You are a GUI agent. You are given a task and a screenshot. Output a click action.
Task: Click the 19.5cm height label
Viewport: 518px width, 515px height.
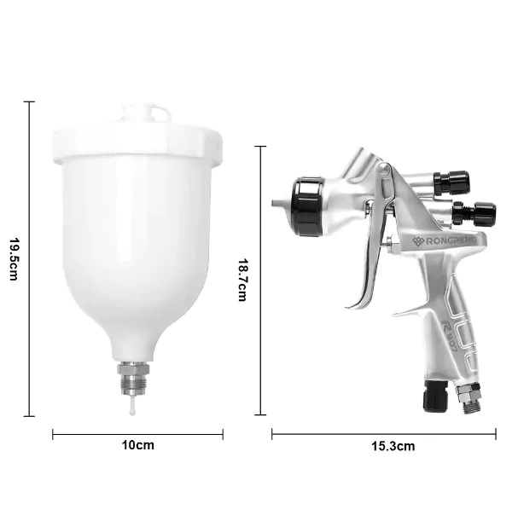click(14, 259)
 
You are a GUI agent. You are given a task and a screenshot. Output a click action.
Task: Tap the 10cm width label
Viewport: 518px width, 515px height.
click(138, 445)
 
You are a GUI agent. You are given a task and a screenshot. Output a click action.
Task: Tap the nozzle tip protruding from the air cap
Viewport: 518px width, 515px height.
click(277, 203)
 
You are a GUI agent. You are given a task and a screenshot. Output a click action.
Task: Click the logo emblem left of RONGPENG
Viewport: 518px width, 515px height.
click(418, 241)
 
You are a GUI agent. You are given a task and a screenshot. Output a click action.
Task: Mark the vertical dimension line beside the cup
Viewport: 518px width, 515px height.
click(31, 259)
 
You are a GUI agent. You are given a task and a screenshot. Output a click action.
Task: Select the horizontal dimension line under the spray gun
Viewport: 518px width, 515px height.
click(383, 433)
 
